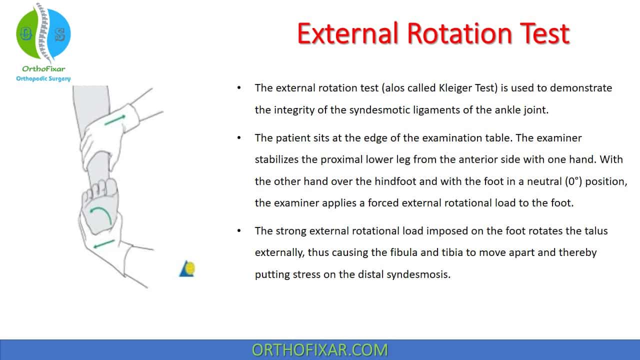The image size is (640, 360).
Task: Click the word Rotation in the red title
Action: (459, 33)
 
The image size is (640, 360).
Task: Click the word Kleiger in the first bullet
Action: (455, 88)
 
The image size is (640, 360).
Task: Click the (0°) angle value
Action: (573, 181)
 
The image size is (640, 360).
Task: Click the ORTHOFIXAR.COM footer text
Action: (319, 350)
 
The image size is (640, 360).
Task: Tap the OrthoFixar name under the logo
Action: (43, 69)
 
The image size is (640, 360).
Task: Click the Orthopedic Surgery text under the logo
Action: (43, 78)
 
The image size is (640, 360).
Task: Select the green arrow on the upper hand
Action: (115, 120)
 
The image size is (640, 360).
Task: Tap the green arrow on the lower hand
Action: (104, 244)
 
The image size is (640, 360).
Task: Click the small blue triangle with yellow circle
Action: (187, 268)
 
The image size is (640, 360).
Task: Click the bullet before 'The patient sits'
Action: (239, 138)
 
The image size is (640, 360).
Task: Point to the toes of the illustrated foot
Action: (100, 187)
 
